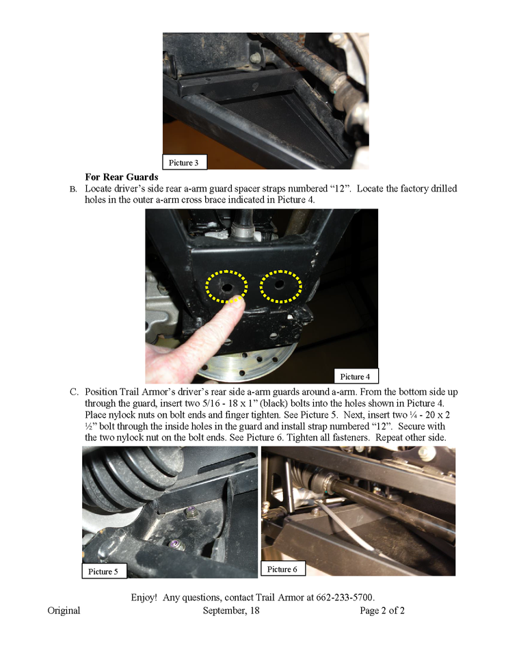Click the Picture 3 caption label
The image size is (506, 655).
click(x=184, y=163)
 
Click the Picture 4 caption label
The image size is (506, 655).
click(x=353, y=376)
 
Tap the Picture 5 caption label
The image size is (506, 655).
click(x=104, y=571)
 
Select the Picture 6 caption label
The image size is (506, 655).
click(x=283, y=569)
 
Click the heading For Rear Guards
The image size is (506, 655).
click(x=122, y=177)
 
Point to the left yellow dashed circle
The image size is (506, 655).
click(x=226, y=286)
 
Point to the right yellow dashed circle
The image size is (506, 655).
click(x=280, y=286)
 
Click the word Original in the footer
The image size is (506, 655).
click(x=64, y=611)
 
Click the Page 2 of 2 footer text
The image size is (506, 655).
click(x=382, y=611)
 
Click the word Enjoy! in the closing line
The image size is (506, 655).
click(x=145, y=597)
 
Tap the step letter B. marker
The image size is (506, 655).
click(x=73, y=189)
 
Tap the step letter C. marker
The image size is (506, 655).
click(x=74, y=392)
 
